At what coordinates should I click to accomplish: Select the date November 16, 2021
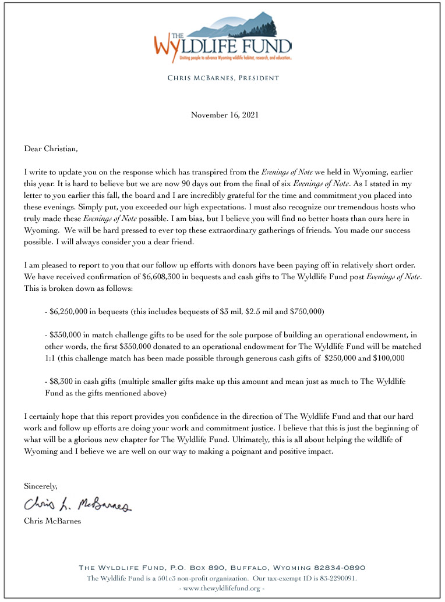222,115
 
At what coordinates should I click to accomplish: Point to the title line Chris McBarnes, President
223,78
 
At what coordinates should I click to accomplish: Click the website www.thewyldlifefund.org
222,588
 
